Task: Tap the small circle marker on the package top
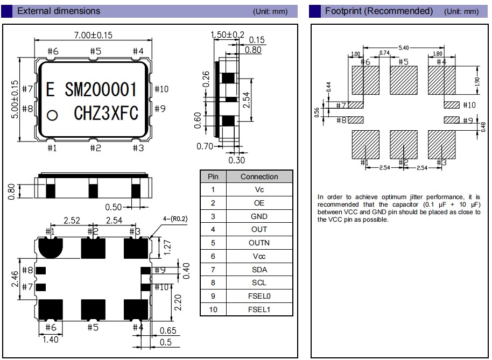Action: [x=52, y=115]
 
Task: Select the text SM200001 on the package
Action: [x=101, y=89]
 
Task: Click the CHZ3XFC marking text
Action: [x=106, y=114]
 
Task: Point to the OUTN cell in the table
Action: [x=259, y=243]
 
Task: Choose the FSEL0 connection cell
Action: [x=259, y=296]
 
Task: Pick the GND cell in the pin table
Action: [x=259, y=216]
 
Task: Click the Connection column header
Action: [x=259, y=177]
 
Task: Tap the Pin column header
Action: [x=213, y=177]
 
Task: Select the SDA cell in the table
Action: [x=259, y=270]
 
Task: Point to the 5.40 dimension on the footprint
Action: [x=403, y=48]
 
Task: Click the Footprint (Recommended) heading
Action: [x=379, y=11]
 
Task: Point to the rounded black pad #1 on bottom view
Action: [x=51, y=247]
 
